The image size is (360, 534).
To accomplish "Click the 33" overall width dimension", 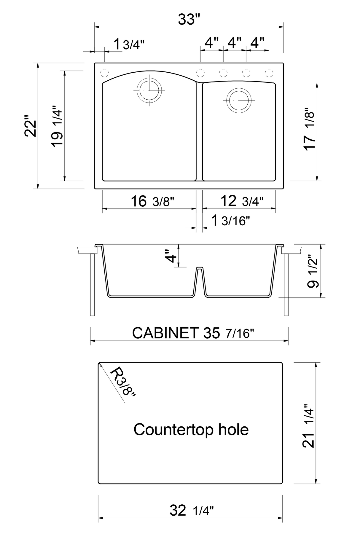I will (189, 20).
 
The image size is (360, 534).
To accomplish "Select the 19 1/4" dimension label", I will (57, 126).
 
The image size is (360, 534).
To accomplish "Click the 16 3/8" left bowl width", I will (152, 202).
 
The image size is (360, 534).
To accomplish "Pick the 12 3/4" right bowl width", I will (242, 201).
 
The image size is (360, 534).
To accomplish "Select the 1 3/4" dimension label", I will (129, 44).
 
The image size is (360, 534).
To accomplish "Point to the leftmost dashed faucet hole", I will (105, 73).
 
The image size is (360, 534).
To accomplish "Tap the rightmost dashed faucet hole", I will (269, 73).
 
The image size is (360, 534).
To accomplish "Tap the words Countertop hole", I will (191, 429).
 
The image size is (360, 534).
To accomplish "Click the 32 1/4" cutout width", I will (191, 510).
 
